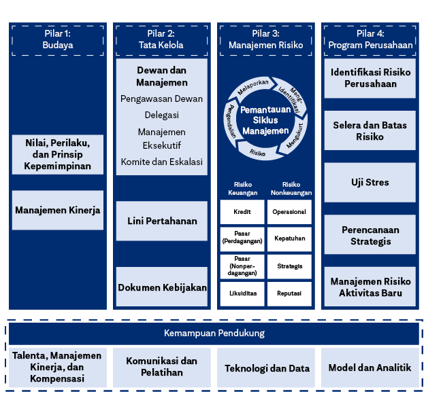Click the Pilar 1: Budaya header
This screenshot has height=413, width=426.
tap(57, 39)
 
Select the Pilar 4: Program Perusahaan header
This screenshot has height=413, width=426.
tap(370, 39)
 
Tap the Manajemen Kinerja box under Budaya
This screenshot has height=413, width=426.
tap(57, 210)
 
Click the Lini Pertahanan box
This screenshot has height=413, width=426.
tap(161, 221)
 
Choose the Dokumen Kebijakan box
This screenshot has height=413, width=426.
tap(161, 287)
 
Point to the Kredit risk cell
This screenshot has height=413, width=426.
tap(242, 212)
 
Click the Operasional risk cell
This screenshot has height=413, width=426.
tap(289, 212)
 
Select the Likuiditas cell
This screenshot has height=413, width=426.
tap(242, 293)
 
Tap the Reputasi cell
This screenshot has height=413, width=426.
tap(289, 293)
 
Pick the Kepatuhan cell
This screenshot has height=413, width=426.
tap(289, 238)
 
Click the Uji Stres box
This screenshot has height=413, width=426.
tap(370, 183)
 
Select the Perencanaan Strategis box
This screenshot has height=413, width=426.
tap(370, 235)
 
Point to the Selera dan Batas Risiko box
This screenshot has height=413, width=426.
tap(370, 131)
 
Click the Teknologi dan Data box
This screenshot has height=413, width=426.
tap(267, 368)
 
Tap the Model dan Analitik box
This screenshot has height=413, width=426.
tap(370, 367)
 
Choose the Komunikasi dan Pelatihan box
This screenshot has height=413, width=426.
tap(161, 367)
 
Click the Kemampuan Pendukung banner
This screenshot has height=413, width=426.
tap(214, 334)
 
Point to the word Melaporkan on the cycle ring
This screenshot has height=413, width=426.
tap(253, 87)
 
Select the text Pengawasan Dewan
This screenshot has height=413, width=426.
tap(161, 99)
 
